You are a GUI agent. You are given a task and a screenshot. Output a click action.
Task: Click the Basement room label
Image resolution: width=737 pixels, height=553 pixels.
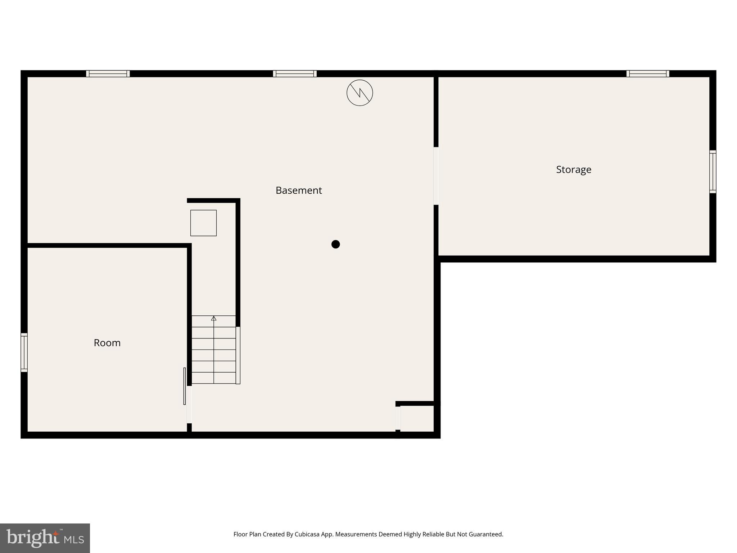click(x=298, y=190)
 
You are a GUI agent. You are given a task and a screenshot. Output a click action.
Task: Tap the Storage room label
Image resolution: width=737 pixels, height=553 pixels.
click(x=573, y=170)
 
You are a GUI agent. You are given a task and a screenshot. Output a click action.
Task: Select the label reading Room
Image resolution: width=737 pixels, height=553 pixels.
click(x=107, y=343)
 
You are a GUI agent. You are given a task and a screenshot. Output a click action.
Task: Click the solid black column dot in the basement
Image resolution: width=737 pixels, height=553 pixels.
click(x=335, y=244)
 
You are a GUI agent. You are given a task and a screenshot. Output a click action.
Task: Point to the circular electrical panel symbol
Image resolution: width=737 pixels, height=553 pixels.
click(x=360, y=93)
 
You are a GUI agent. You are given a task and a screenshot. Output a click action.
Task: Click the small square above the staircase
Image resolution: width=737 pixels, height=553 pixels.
click(x=203, y=223)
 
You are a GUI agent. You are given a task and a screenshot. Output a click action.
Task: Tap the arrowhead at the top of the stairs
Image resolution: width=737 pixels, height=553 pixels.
click(x=214, y=318)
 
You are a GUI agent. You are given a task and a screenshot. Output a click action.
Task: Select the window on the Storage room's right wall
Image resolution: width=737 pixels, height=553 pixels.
click(x=713, y=172)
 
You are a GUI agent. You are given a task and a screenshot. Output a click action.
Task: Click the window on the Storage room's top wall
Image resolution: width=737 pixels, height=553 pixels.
click(x=647, y=74)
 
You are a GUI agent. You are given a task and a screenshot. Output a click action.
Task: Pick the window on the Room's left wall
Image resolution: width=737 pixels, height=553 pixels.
click(x=24, y=352)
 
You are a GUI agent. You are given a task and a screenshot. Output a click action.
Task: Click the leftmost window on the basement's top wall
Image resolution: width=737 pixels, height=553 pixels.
click(x=108, y=74)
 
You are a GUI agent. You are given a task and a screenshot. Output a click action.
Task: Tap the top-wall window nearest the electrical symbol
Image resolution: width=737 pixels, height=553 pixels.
click(x=295, y=74)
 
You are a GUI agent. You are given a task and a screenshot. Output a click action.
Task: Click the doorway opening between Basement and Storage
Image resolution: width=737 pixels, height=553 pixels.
click(x=436, y=176)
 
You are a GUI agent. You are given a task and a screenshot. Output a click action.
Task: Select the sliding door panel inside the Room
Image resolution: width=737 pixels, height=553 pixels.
click(x=185, y=386)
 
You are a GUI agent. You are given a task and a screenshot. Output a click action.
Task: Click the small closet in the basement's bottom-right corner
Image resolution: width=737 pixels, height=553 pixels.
click(x=417, y=418)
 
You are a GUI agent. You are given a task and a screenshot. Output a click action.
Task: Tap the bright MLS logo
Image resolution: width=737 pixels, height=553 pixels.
click(x=45, y=538)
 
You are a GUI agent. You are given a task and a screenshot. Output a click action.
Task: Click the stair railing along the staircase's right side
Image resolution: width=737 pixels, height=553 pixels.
click(x=238, y=355)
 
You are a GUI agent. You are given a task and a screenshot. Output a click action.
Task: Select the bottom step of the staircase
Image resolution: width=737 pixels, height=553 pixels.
click(x=214, y=378)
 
